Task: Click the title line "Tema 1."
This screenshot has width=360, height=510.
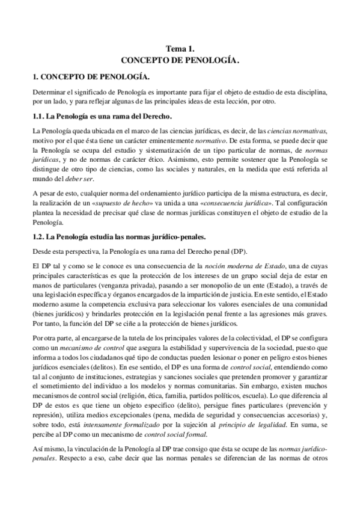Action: click(180, 50)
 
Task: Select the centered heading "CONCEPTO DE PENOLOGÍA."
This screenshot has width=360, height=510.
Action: click(180, 61)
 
